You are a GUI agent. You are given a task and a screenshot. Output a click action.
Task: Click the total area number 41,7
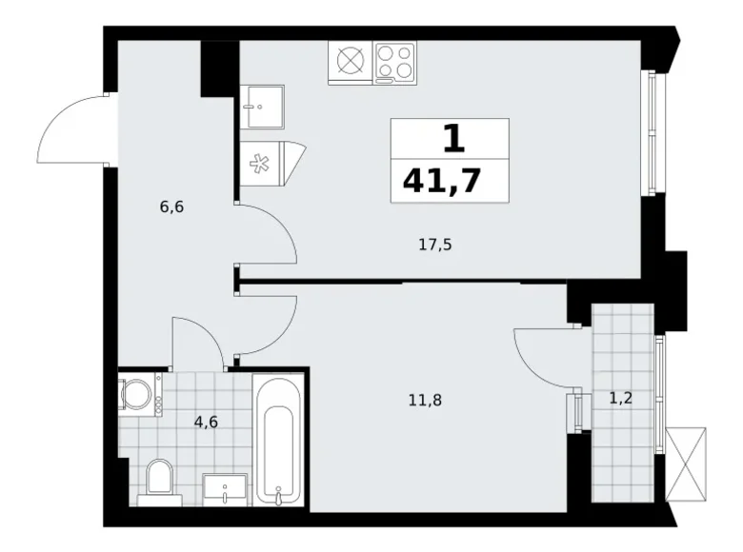[x=442, y=181]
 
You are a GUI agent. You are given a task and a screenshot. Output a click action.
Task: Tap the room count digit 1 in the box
[x=454, y=139]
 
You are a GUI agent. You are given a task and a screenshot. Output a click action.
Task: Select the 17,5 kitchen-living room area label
[x=435, y=246]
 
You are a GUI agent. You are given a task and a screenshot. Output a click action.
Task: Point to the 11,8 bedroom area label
[x=425, y=401]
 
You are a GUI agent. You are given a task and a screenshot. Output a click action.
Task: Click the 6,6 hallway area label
[x=171, y=207]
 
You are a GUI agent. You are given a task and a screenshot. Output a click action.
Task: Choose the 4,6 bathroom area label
[x=206, y=422]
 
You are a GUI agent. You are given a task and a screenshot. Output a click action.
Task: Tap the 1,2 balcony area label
[x=621, y=399]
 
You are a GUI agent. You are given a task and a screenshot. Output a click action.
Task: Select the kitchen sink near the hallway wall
[x=262, y=107]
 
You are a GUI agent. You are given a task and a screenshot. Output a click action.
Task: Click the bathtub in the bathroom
[x=278, y=440]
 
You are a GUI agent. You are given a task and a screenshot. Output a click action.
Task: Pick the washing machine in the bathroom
[x=140, y=394]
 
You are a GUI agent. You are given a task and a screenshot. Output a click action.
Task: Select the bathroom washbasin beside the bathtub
[x=225, y=489]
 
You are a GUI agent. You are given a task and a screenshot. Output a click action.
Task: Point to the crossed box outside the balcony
[x=686, y=463]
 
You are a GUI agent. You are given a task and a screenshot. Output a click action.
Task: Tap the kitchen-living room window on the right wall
[x=653, y=132]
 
